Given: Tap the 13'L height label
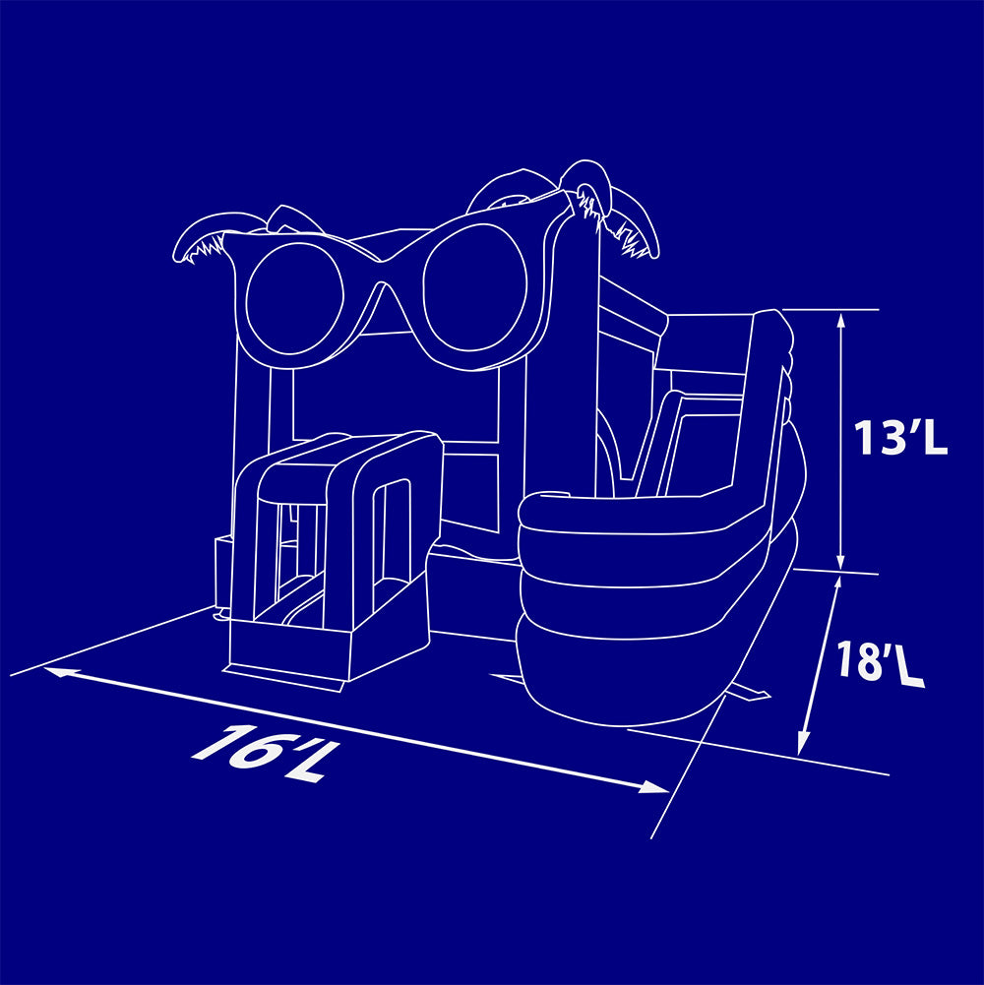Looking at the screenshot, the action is (x=899, y=437).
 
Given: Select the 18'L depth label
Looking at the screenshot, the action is (x=881, y=662).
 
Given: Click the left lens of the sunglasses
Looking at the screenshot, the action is (x=294, y=300).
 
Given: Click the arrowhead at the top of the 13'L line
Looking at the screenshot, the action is (x=841, y=322).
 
